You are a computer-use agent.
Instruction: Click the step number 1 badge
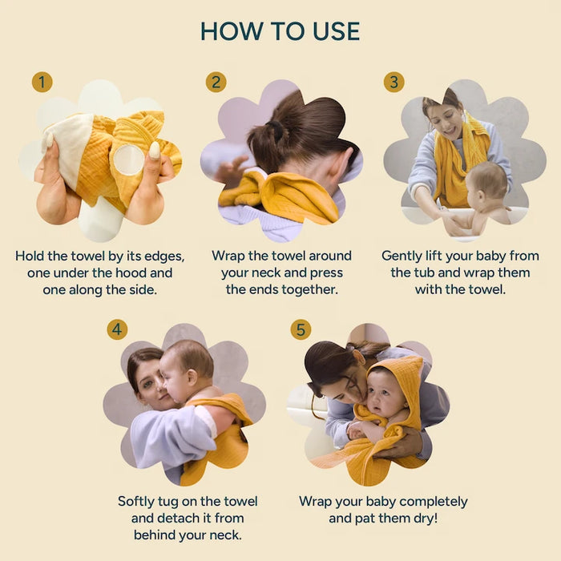42,82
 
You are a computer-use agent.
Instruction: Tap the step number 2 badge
216,82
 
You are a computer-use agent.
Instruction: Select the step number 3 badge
394,82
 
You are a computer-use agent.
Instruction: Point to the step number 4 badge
117,329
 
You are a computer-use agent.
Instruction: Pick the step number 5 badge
301,329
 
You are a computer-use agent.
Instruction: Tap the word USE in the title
337,31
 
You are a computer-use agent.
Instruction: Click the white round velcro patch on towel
129,159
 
